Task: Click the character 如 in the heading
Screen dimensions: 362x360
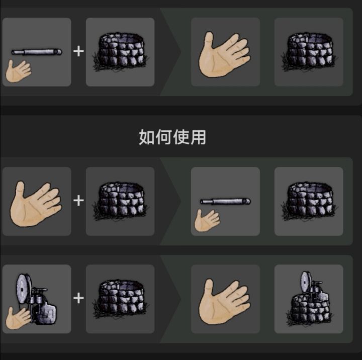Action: coord(147,137)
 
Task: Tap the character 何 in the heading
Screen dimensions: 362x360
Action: coord(164,137)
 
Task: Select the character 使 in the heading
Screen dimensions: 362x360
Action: coord(181,137)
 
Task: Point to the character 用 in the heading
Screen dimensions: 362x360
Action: coord(198,137)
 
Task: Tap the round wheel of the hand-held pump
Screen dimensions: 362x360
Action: coord(24,288)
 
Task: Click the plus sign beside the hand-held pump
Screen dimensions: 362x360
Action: coord(78,298)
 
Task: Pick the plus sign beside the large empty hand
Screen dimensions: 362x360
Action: coord(78,201)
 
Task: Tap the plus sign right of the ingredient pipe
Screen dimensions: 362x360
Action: coord(78,51)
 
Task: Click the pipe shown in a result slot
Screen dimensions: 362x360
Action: coord(225,201)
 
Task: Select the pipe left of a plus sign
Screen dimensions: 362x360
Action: coord(37,52)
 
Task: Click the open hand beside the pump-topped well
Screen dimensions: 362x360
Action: coord(224,301)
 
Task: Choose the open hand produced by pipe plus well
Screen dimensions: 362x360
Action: coord(224,54)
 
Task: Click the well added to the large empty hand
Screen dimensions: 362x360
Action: coord(121,201)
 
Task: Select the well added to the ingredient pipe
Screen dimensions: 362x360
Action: coord(121,52)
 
